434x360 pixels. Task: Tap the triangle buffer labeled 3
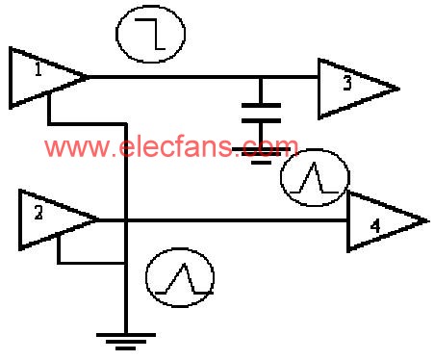pyautogui.click(x=352, y=88)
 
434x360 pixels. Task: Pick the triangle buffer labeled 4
pyautogui.click(x=381, y=222)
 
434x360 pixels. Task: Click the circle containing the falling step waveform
pyautogui.click(x=150, y=36)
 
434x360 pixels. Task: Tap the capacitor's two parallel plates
pyautogui.click(x=260, y=112)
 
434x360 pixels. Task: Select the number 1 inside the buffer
pyautogui.click(x=36, y=71)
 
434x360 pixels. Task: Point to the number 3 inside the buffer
pyautogui.click(x=347, y=85)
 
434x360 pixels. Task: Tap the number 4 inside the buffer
pyautogui.click(x=376, y=227)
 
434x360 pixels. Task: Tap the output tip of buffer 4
pyautogui.click(x=424, y=221)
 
